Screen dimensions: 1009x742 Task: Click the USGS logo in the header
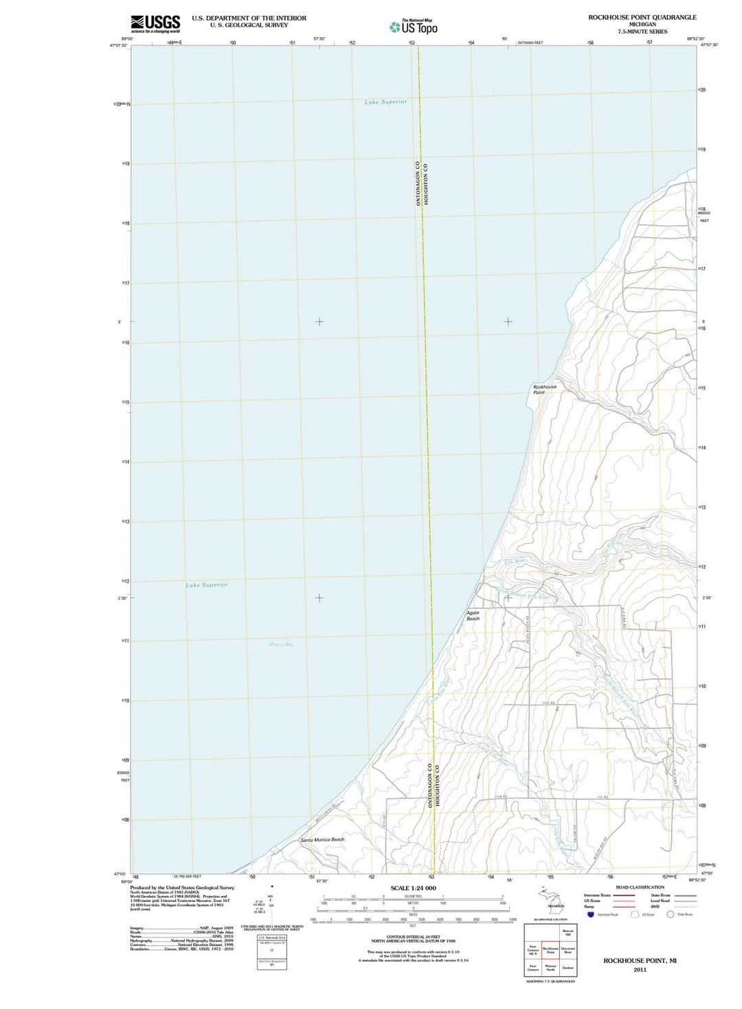click(155, 23)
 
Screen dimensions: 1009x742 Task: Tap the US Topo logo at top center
click(414, 27)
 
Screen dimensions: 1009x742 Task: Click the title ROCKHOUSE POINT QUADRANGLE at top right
click(642, 17)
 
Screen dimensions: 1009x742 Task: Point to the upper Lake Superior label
click(385, 102)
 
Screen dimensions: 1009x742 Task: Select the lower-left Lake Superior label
click(207, 585)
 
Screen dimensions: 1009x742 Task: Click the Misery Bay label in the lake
click(281, 644)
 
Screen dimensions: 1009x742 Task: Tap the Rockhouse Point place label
click(545, 389)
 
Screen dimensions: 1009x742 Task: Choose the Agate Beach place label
click(473, 615)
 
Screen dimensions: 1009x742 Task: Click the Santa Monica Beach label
click(322, 839)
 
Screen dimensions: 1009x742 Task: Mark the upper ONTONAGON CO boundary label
click(417, 184)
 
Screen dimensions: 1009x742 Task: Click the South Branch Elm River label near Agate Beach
click(524, 595)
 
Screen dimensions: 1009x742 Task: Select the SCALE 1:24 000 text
click(413, 888)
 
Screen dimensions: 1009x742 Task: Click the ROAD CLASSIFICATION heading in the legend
click(640, 887)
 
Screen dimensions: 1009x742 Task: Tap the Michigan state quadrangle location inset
click(550, 901)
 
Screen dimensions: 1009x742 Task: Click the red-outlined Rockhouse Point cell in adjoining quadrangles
click(550, 951)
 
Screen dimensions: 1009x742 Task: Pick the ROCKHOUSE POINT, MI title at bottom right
click(640, 960)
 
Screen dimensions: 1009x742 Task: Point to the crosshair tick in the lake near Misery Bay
click(319, 597)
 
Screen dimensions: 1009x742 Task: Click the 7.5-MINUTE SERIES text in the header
click(642, 32)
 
